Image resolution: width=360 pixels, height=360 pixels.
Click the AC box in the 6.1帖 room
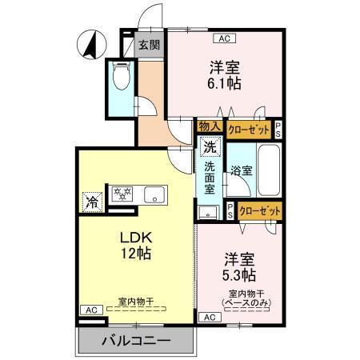[224, 37]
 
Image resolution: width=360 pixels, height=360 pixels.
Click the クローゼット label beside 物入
[248, 127]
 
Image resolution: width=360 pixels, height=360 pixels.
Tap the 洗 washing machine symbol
[209, 147]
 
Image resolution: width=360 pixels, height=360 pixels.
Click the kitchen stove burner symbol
[123, 193]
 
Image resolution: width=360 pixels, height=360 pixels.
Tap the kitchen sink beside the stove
[153, 194]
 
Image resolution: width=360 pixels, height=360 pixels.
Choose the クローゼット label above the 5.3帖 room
[259, 210]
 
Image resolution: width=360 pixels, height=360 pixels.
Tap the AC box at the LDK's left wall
[90, 309]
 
